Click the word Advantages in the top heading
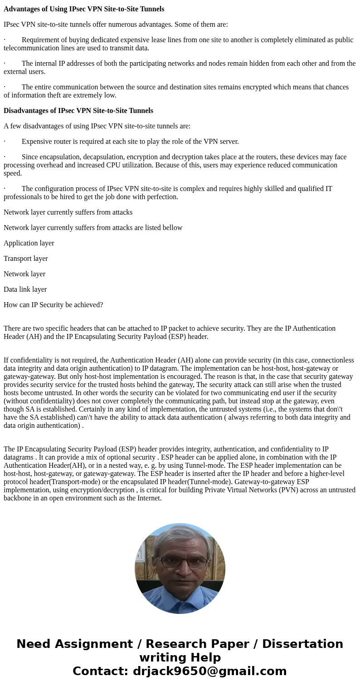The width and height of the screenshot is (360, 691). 21,9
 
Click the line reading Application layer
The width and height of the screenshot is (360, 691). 29,243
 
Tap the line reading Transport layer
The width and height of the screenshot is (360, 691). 26,259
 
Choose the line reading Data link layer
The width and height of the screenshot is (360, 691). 25,289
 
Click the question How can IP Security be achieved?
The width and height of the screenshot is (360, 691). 54,305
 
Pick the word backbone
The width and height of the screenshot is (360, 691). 18,498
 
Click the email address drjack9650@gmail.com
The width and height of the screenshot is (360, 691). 210,671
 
